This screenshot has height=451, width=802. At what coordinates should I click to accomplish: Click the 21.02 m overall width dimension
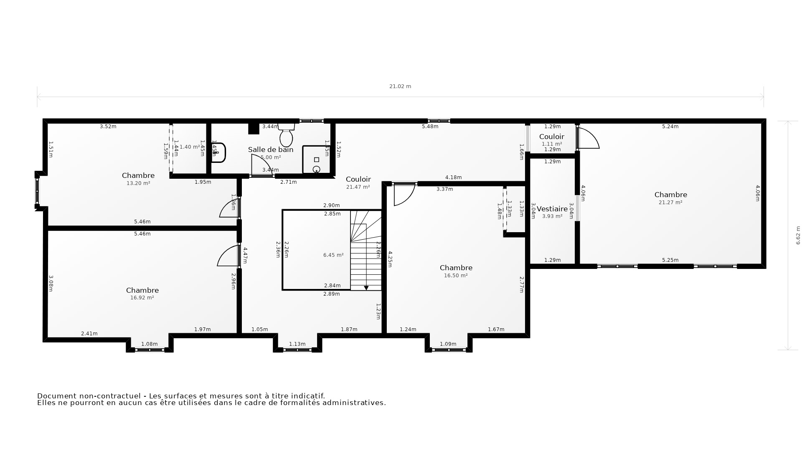click(400, 86)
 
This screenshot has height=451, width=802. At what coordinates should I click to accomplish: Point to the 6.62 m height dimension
click(798, 235)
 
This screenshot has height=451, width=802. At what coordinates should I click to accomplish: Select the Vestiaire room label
click(552, 209)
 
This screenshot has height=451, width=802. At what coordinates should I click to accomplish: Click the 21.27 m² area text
click(670, 203)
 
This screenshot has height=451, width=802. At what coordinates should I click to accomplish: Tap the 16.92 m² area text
click(142, 298)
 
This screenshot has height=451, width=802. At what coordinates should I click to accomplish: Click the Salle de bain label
click(271, 149)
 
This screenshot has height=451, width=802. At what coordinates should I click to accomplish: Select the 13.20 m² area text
click(138, 183)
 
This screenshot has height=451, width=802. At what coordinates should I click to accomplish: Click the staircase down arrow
click(366, 288)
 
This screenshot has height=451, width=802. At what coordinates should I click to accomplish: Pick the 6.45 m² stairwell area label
click(333, 255)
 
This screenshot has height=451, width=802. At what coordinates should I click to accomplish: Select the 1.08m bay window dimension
click(149, 344)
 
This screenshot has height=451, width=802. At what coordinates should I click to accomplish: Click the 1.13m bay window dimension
click(297, 344)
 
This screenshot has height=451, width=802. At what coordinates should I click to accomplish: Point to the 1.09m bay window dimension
click(448, 344)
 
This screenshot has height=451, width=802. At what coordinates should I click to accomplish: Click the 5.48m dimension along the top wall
click(430, 127)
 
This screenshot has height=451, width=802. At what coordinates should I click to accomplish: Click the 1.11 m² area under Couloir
click(551, 144)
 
